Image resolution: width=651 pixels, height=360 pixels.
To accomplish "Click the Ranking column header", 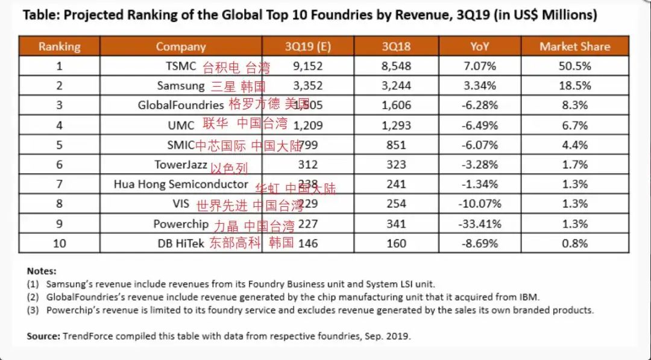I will [59, 46].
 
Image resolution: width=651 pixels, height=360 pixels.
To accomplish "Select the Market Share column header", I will [574, 46].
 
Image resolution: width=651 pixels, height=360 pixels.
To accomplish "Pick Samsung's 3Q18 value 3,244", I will [396, 86].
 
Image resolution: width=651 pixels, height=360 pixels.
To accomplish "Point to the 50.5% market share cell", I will [574, 66].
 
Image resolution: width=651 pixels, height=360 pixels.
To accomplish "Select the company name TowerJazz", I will [181, 165].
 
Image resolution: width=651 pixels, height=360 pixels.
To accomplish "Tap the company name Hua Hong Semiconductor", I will [181, 185].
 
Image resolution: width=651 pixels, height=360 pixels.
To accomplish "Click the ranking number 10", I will [59, 244].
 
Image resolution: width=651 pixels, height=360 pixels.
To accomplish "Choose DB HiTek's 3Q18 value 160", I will [396, 244].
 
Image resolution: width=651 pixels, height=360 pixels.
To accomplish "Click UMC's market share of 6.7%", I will [574, 125].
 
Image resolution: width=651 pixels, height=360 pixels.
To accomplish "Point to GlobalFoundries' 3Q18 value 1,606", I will [396, 106].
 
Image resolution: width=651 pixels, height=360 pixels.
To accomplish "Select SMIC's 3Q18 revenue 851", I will [396, 145].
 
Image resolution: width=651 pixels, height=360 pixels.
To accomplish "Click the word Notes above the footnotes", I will [42, 271].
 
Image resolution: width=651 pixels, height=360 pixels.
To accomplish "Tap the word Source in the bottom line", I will [43, 336].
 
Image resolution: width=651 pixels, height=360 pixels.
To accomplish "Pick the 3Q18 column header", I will [396, 46].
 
